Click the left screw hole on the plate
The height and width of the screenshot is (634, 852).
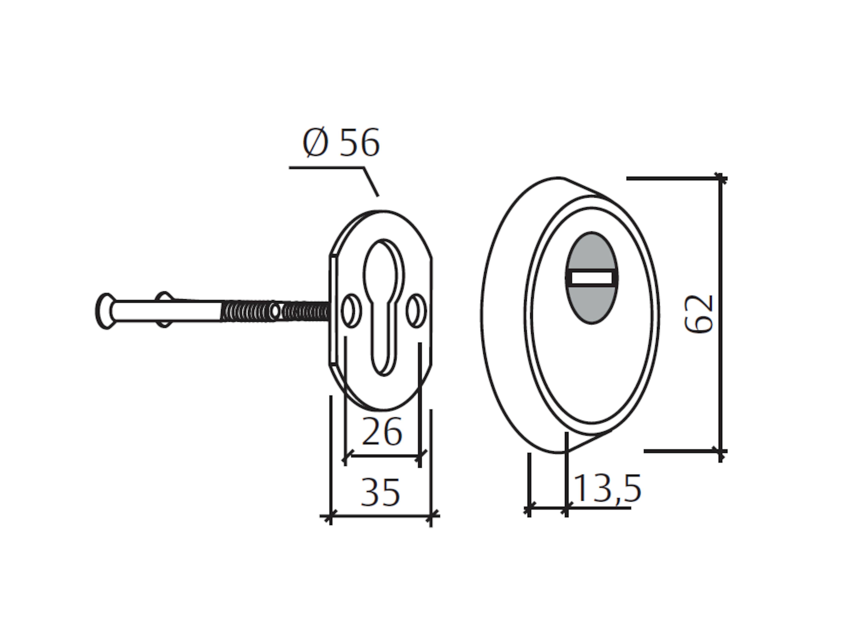click(351, 311)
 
